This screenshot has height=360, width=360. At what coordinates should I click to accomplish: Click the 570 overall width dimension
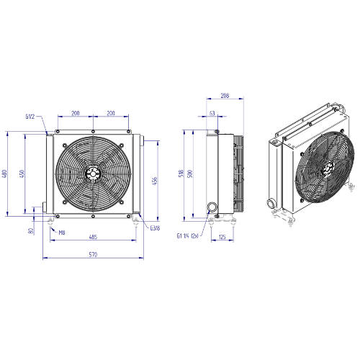(93, 254)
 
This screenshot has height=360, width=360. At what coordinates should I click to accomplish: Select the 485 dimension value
(93, 237)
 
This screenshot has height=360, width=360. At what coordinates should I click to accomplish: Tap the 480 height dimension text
(4, 174)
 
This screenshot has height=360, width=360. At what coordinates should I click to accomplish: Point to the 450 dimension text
(22, 174)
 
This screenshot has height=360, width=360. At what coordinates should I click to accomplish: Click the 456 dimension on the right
(155, 181)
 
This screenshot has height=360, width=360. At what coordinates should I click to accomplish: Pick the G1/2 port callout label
(30, 117)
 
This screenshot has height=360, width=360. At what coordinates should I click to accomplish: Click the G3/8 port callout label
(155, 228)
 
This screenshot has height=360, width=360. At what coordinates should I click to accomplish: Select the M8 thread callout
(62, 233)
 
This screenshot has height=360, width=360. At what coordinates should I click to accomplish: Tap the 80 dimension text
(30, 231)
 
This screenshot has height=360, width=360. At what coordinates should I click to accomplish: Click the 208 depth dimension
(225, 96)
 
